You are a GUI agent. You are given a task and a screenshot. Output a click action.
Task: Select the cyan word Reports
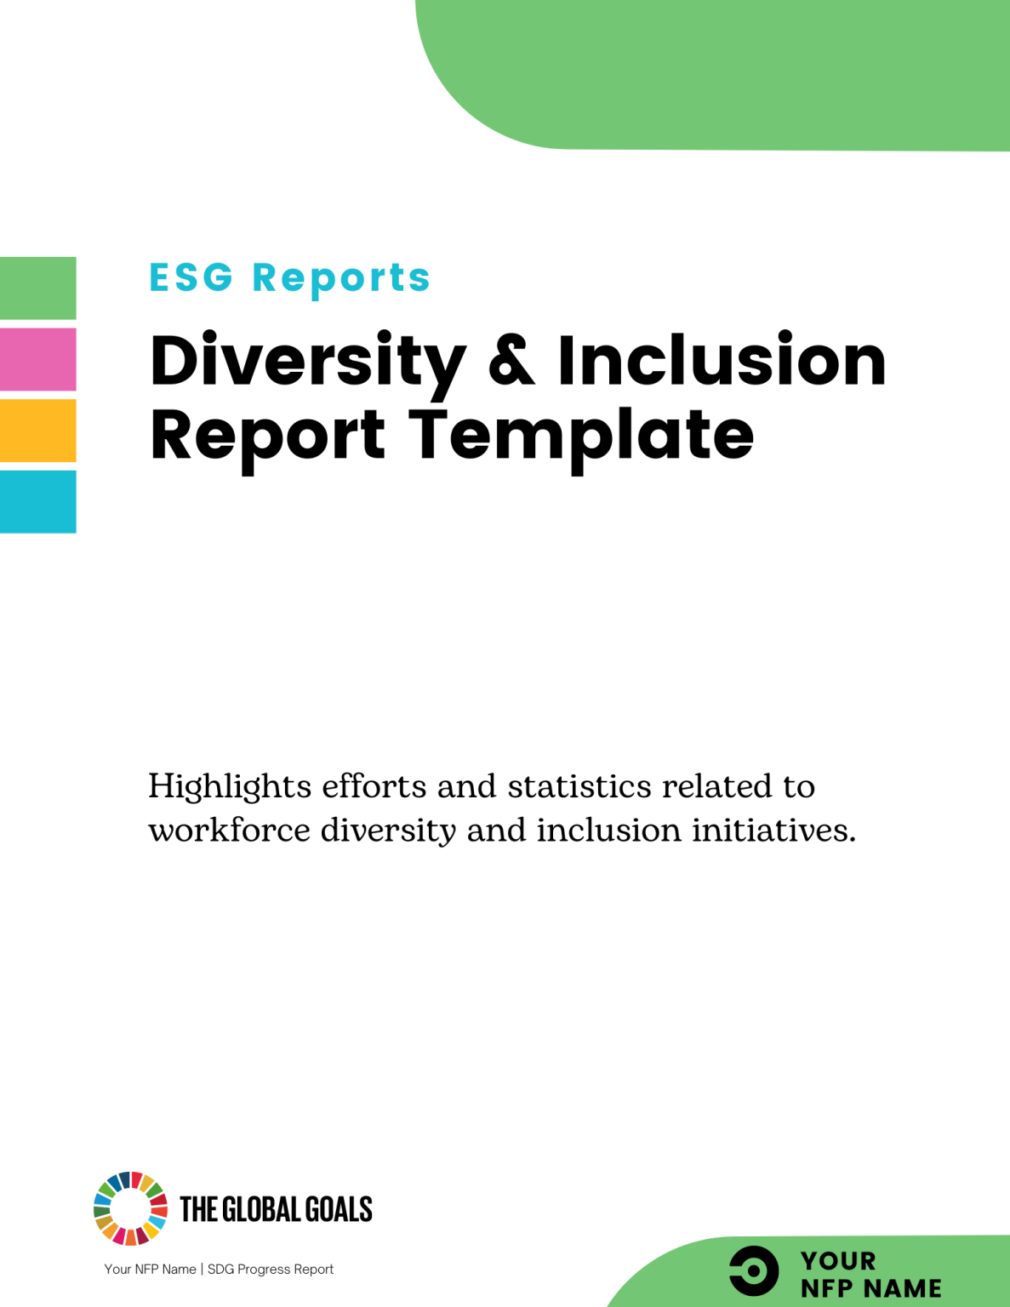click(341, 278)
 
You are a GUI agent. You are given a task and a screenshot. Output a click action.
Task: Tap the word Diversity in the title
click(308, 362)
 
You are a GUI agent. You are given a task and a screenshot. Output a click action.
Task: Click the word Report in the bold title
click(268, 435)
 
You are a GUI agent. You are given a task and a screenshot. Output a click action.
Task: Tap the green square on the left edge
click(37, 288)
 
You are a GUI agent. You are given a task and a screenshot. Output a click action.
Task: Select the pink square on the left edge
click(37, 359)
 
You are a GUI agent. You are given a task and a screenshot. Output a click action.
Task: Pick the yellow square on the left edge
click(37, 431)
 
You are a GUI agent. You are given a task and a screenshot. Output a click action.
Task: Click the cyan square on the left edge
click(37, 502)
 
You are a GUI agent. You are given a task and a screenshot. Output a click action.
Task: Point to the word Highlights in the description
click(230, 787)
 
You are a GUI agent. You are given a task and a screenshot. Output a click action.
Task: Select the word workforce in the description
click(230, 830)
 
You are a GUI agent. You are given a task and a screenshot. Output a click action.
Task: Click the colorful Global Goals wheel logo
click(130, 1208)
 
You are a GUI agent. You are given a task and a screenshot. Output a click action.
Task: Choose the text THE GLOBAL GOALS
click(276, 1209)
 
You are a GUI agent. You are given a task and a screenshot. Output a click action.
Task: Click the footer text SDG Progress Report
click(271, 1269)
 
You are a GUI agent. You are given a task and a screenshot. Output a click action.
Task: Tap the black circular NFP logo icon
click(754, 1271)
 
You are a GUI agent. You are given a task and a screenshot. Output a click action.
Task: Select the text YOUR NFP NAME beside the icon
click(870, 1274)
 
